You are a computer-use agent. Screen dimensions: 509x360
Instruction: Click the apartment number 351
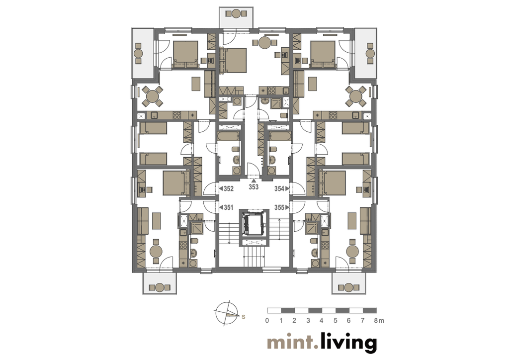pyautogui.click(x=228, y=207)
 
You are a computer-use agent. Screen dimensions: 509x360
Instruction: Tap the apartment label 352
pyautogui.click(x=228, y=188)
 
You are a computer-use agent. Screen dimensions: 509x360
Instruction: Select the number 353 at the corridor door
pyautogui.click(x=254, y=187)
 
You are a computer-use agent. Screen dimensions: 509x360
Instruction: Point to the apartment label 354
pyautogui.click(x=279, y=188)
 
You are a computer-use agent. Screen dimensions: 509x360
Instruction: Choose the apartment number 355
pyautogui.click(x=279, y=207)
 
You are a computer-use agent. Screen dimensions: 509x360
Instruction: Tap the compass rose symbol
pyautogui.click(x=226, y=313)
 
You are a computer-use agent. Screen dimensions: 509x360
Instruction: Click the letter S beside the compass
pyautogui.click(x=243, y=317)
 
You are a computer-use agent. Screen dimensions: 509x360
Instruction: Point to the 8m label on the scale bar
pyautogui.click(x=378, y=321)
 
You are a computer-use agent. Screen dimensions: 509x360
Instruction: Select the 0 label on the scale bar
pyautogui.click(x=267, y=321)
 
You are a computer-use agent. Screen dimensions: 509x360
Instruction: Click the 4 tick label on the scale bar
pyautogui.click(x=322, y=321)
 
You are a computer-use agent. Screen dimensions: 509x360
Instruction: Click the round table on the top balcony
pyautogui.click(x=236, y=13)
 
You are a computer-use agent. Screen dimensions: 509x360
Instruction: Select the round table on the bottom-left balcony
pyautogui.click(x=160, y=287)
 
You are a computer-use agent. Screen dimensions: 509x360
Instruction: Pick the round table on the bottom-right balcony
pyautogui.click(x=348, y=287)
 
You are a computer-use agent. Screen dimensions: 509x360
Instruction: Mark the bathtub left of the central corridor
pyautogui.click(x=229, y=136)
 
